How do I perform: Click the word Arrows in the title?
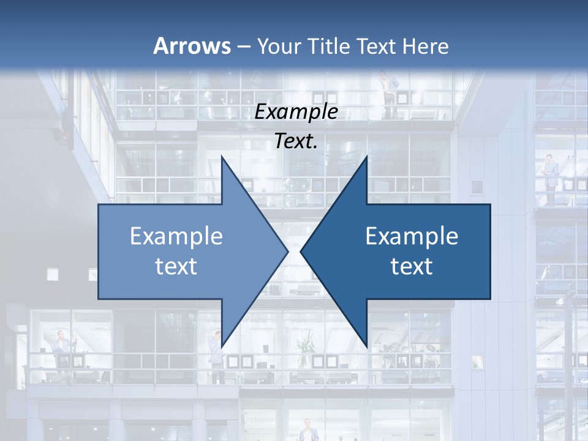point(192,46)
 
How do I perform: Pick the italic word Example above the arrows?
point(296,112)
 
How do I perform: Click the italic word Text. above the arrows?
point(296,141)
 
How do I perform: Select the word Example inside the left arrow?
point(176,236)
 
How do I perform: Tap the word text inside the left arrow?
point(176,266)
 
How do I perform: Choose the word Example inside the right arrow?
point(412,236)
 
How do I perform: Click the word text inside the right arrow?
point(412,266)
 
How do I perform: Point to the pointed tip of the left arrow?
point(288,251)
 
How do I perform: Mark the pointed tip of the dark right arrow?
point(301,251)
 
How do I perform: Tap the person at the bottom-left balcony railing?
point(62,349)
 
